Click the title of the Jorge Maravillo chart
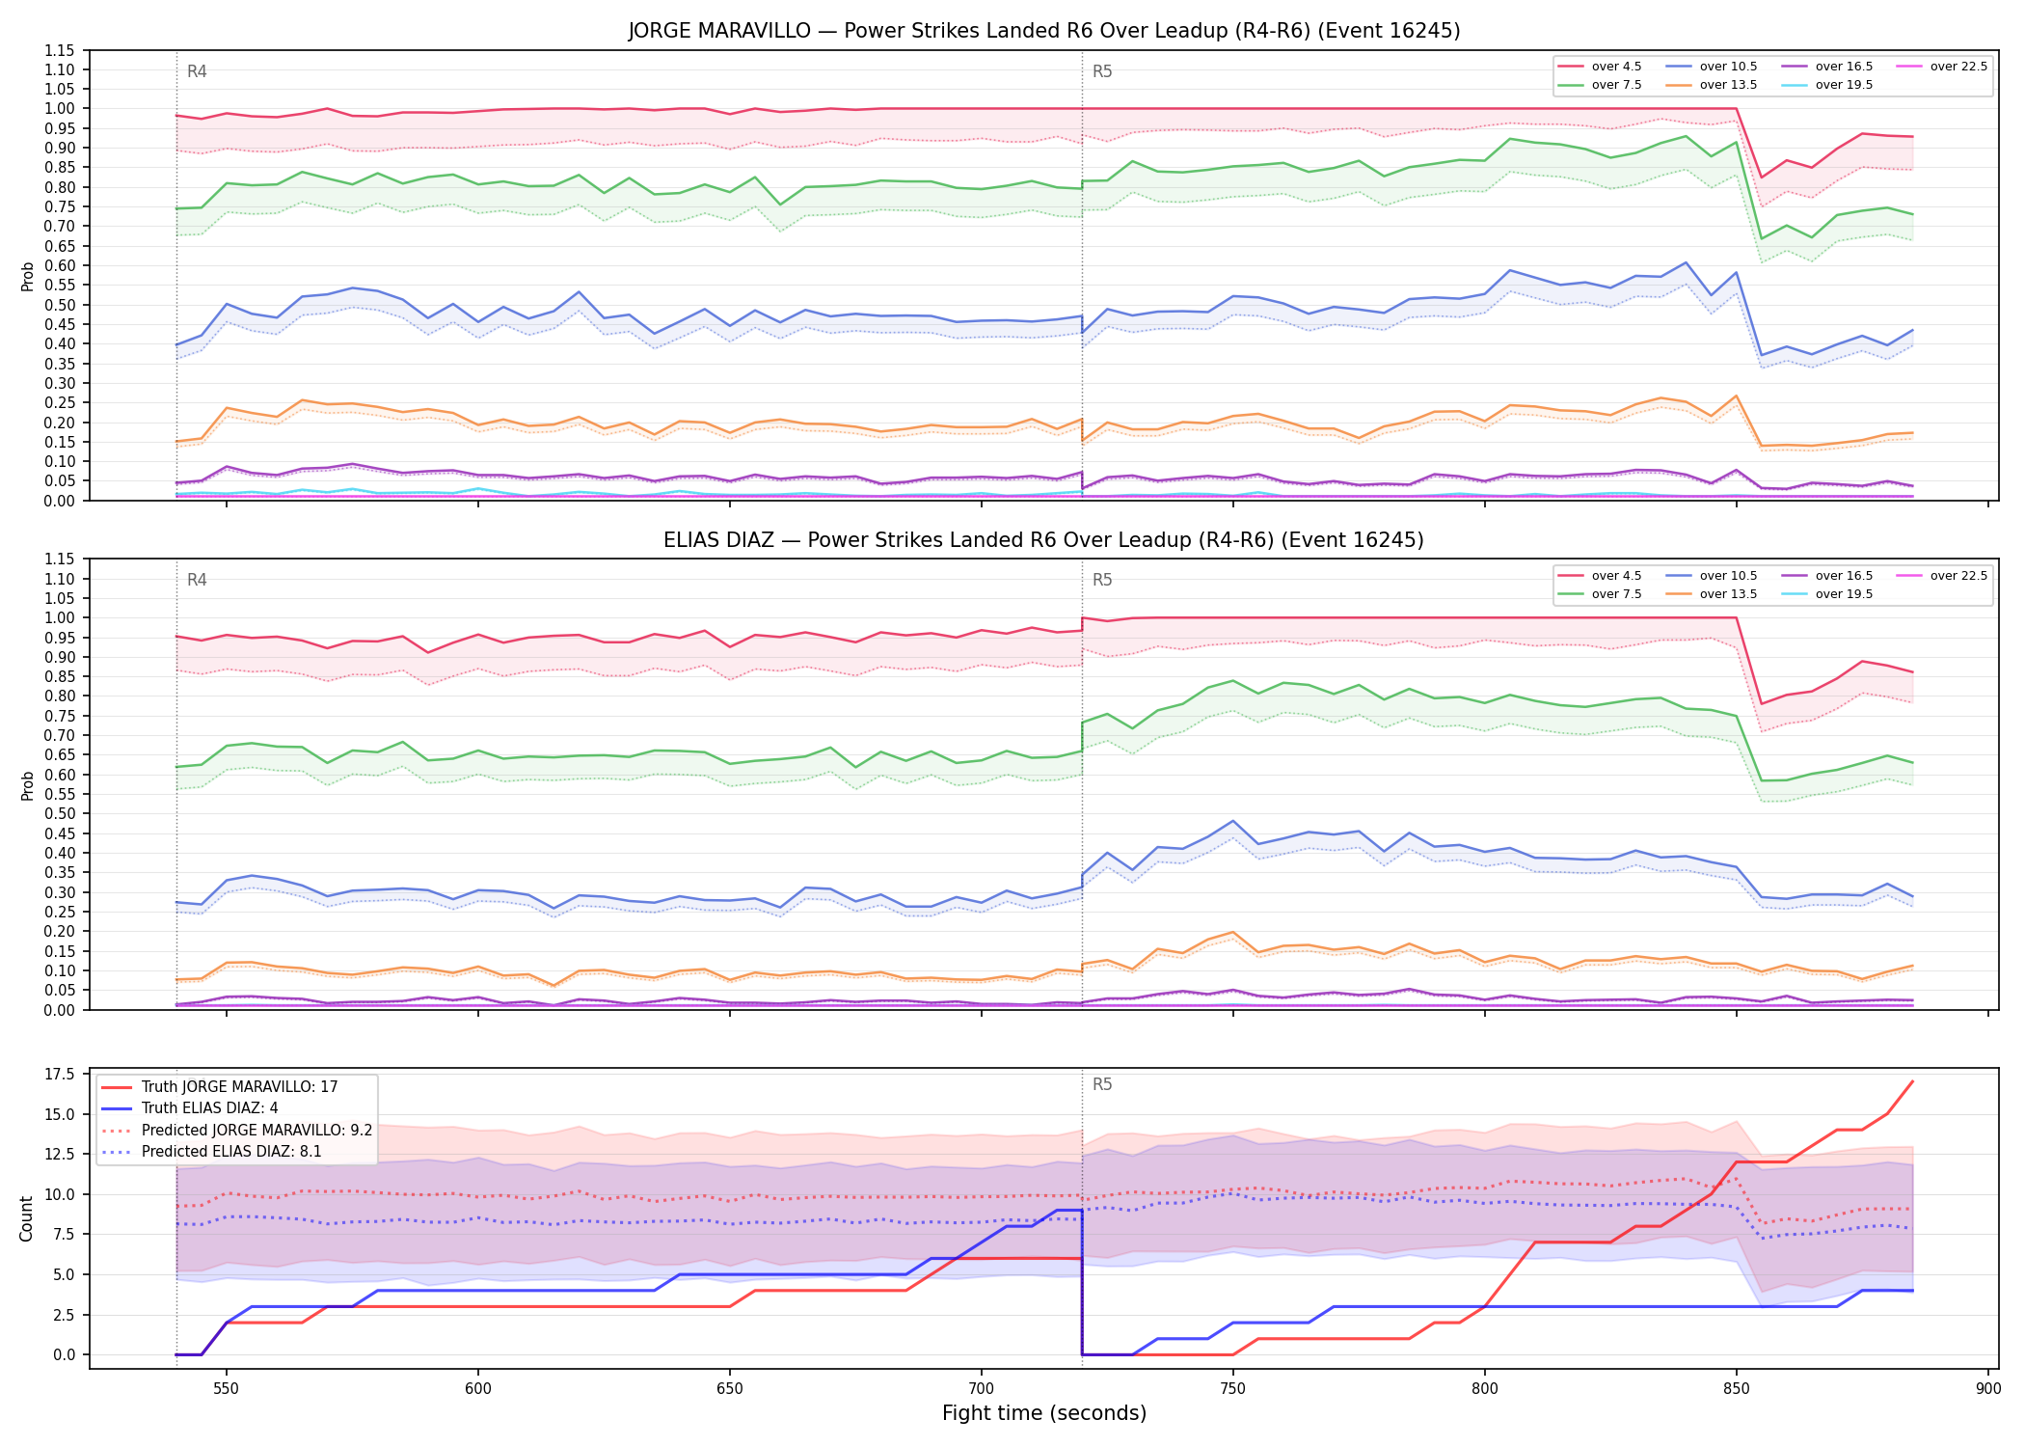(x=1044, y=31)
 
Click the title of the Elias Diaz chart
(x=1043, y=540)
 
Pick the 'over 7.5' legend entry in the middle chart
(x=1600, y=594)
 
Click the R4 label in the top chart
(x=197, y=71)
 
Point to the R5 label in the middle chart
(x=1102, y=580)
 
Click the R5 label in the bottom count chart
(x=1102, y=1084)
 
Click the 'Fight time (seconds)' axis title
(x=1044, y=1413)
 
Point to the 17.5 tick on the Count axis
(x=63, y=1075)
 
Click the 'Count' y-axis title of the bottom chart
(x=26, y=1218)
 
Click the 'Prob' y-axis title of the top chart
(x=27, y=276)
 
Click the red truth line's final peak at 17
(x=1912, y=1081)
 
